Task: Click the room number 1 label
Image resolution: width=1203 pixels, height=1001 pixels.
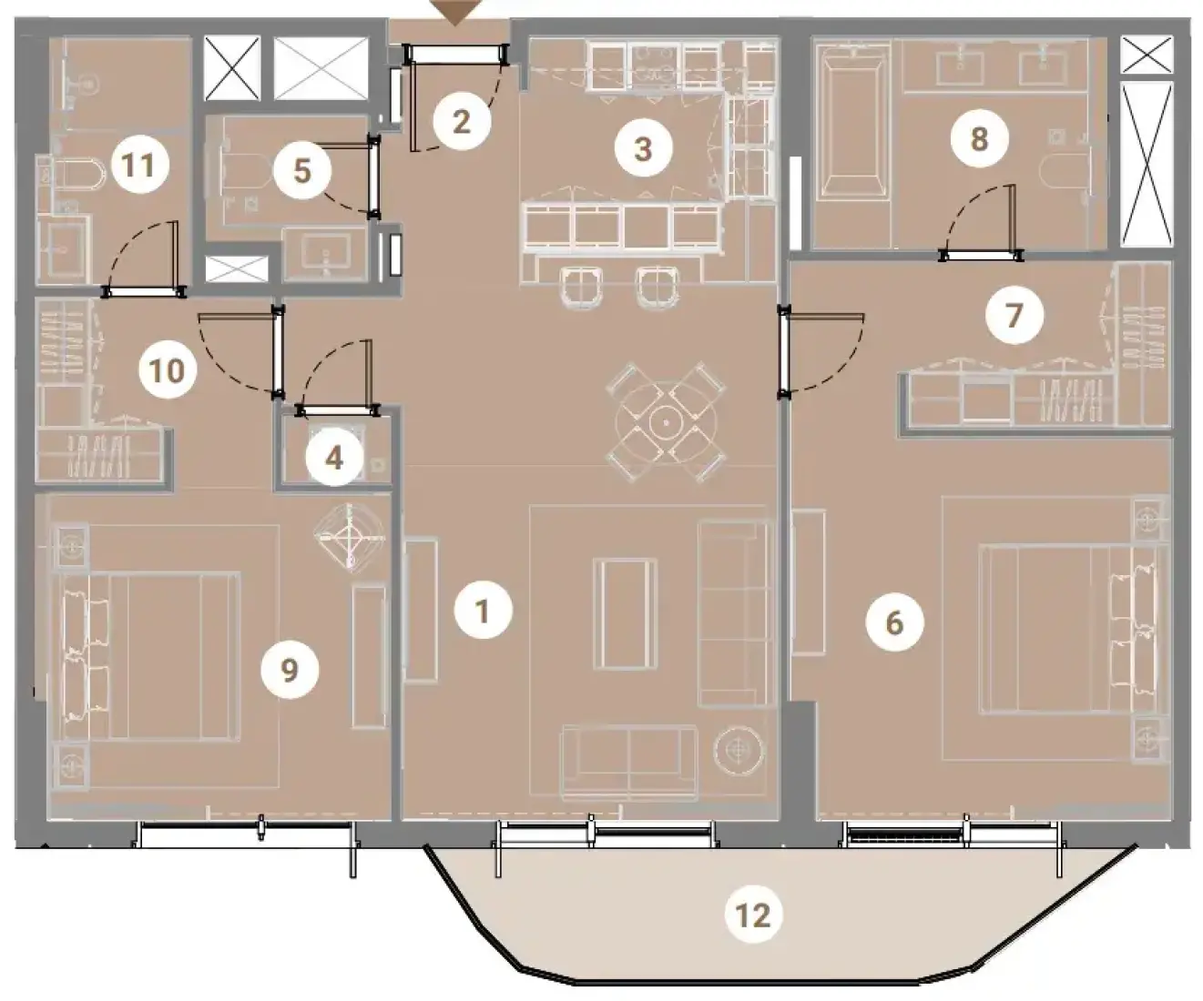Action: pos(483,611)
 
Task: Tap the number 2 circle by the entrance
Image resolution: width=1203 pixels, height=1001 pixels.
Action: pos(462,121)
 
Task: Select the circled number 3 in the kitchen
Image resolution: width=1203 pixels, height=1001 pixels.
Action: pos(643,148)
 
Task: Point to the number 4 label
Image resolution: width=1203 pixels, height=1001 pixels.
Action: pos(334,459)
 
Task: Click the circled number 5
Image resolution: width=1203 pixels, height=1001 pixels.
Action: pos(302,171)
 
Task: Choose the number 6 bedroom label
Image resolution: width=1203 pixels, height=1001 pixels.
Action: pos(895,622)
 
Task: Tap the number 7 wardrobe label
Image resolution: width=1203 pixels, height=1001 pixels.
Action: pos(1014,315)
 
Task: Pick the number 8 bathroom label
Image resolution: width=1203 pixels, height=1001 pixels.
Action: pos(980,138)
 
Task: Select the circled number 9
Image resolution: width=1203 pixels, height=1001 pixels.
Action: pos(290,670)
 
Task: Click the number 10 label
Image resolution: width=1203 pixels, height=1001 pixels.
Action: pos(168,370)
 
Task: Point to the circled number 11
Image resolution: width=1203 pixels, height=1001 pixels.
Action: pos(140,166)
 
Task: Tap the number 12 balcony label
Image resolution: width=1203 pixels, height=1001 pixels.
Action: pos(753,915)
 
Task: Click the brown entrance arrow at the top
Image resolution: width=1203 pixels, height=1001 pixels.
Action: pos(455,13)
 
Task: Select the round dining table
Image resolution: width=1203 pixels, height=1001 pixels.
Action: pos(666,423)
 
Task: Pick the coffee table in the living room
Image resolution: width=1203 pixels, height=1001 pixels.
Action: pos(625,614)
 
